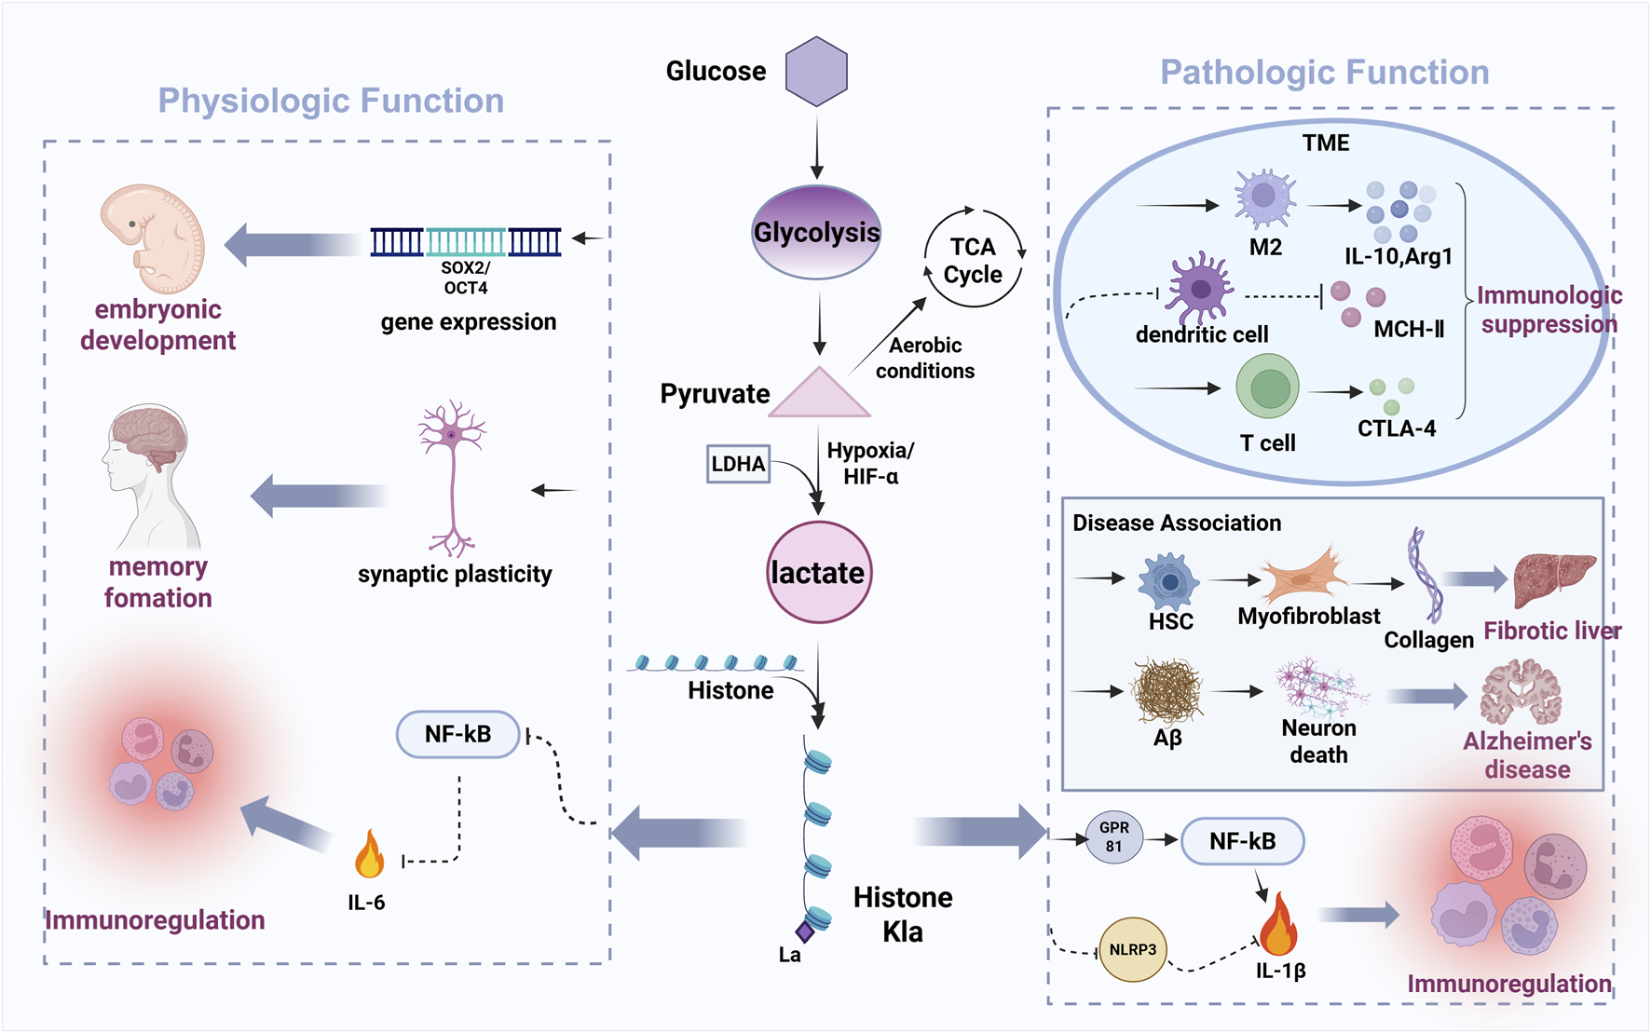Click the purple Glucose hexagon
point(816,72)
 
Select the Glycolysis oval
point(816,232)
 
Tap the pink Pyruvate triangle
point(819,394)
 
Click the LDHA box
point(738,464)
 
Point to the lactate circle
point(818,572)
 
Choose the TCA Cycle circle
point(973,260)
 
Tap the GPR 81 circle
point(1113,836)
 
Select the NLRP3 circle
point(1132,949)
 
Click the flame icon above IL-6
point(369,855)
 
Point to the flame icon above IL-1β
point(1277,926)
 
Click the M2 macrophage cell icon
point(1263,197)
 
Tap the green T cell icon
point(1267,387)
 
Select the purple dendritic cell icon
point(1200,288)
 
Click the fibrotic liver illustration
point(1553,579)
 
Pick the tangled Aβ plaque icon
point(1167,691)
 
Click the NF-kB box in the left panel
point(457,735)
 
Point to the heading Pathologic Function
point(1324,73)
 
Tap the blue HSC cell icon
point(1168,582)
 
